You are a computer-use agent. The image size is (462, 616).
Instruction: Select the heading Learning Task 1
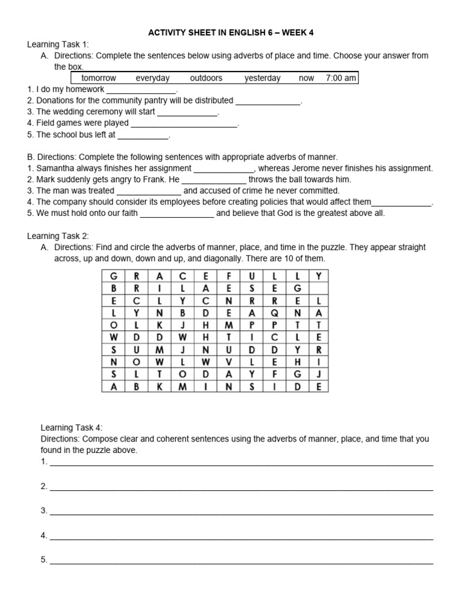[x=58, y=45]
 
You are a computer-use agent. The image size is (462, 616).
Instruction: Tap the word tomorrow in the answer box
[x=99, y=78]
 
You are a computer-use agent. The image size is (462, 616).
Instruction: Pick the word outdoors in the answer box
[x=206, y=78]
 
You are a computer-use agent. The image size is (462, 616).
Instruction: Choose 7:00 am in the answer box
[x=340, y=78]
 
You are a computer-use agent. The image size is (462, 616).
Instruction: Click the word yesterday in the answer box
[x=262, y=78]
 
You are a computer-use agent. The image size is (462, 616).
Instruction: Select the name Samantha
[x=56, y=168]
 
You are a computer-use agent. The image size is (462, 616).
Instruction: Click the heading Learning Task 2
[x=58, y=236]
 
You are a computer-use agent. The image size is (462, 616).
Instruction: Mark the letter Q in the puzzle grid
[x=274, y=313]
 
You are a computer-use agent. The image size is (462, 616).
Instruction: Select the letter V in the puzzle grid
[x=229, y=362]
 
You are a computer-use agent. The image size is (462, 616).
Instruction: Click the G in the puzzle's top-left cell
[x=114, y=276]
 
